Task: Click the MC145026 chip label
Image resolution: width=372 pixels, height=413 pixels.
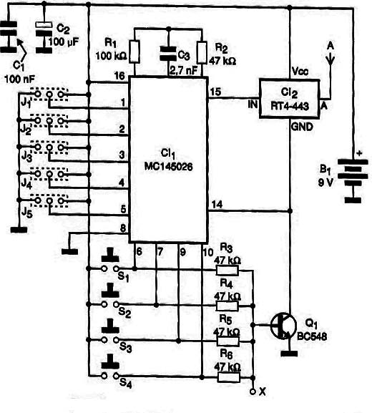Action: (x=169, y=166)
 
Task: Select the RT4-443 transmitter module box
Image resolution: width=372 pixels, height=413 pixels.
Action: (x=289, y=98)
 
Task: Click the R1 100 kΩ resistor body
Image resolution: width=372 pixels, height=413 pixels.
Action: (x=134, y=52)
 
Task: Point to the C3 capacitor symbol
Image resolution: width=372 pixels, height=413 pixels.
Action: (x=169, y=53)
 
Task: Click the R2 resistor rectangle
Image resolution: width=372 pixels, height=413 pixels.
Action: (x=202, y=53)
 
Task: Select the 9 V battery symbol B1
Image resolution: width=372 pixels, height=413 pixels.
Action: (x=353, y=179)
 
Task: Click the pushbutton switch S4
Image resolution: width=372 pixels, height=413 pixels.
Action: (x=110, y=369)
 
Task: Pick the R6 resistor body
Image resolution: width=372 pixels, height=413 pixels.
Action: (x=228, y=378)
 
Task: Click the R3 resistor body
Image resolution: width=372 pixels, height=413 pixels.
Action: (x=227, y=271)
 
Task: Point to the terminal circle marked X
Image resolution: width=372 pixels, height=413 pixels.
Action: (x=253, y=392)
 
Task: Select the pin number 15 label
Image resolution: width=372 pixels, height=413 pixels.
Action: (x=215, y=92)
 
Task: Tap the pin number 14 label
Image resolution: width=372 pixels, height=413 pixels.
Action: (x=217, y=205)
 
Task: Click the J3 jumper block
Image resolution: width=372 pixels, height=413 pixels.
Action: (x=49, y=147)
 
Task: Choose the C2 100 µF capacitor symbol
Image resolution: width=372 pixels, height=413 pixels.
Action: (x=44, y=38)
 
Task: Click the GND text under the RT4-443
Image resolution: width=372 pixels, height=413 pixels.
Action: (x=302, y=127)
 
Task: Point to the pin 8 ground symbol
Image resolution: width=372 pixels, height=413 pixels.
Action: (x=70, y=251)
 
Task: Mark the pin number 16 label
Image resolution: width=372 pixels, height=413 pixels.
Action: (x=119, y=76)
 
